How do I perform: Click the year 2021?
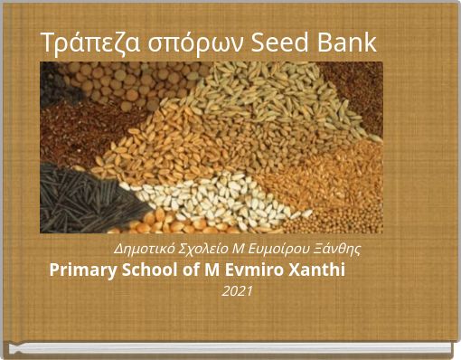[237, 291]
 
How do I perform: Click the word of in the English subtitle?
[200, 270]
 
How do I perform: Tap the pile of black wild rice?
[77, 201]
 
